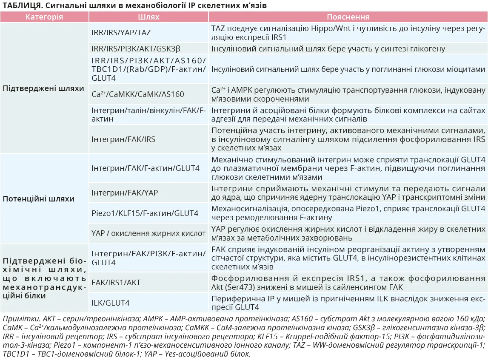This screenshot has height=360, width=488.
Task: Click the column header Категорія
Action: [44, 17]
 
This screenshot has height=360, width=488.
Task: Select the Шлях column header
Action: [148, 17]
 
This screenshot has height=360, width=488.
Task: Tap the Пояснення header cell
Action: [348, 17]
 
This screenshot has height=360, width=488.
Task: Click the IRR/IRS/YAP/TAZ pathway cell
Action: [121, 33]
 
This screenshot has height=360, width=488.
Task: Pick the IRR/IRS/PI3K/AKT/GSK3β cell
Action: [133, 49]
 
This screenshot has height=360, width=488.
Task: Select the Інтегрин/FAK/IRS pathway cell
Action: [123, 139]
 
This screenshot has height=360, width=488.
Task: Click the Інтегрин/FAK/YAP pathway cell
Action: [125, 193]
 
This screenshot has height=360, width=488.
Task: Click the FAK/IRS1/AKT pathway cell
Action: [116, 283]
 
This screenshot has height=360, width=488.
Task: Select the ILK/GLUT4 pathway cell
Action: [110, 303]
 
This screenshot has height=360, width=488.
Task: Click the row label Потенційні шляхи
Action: [39, 199]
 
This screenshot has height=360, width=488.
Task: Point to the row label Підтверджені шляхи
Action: [43, 88]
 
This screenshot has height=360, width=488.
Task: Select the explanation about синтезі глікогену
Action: [328, 49]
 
